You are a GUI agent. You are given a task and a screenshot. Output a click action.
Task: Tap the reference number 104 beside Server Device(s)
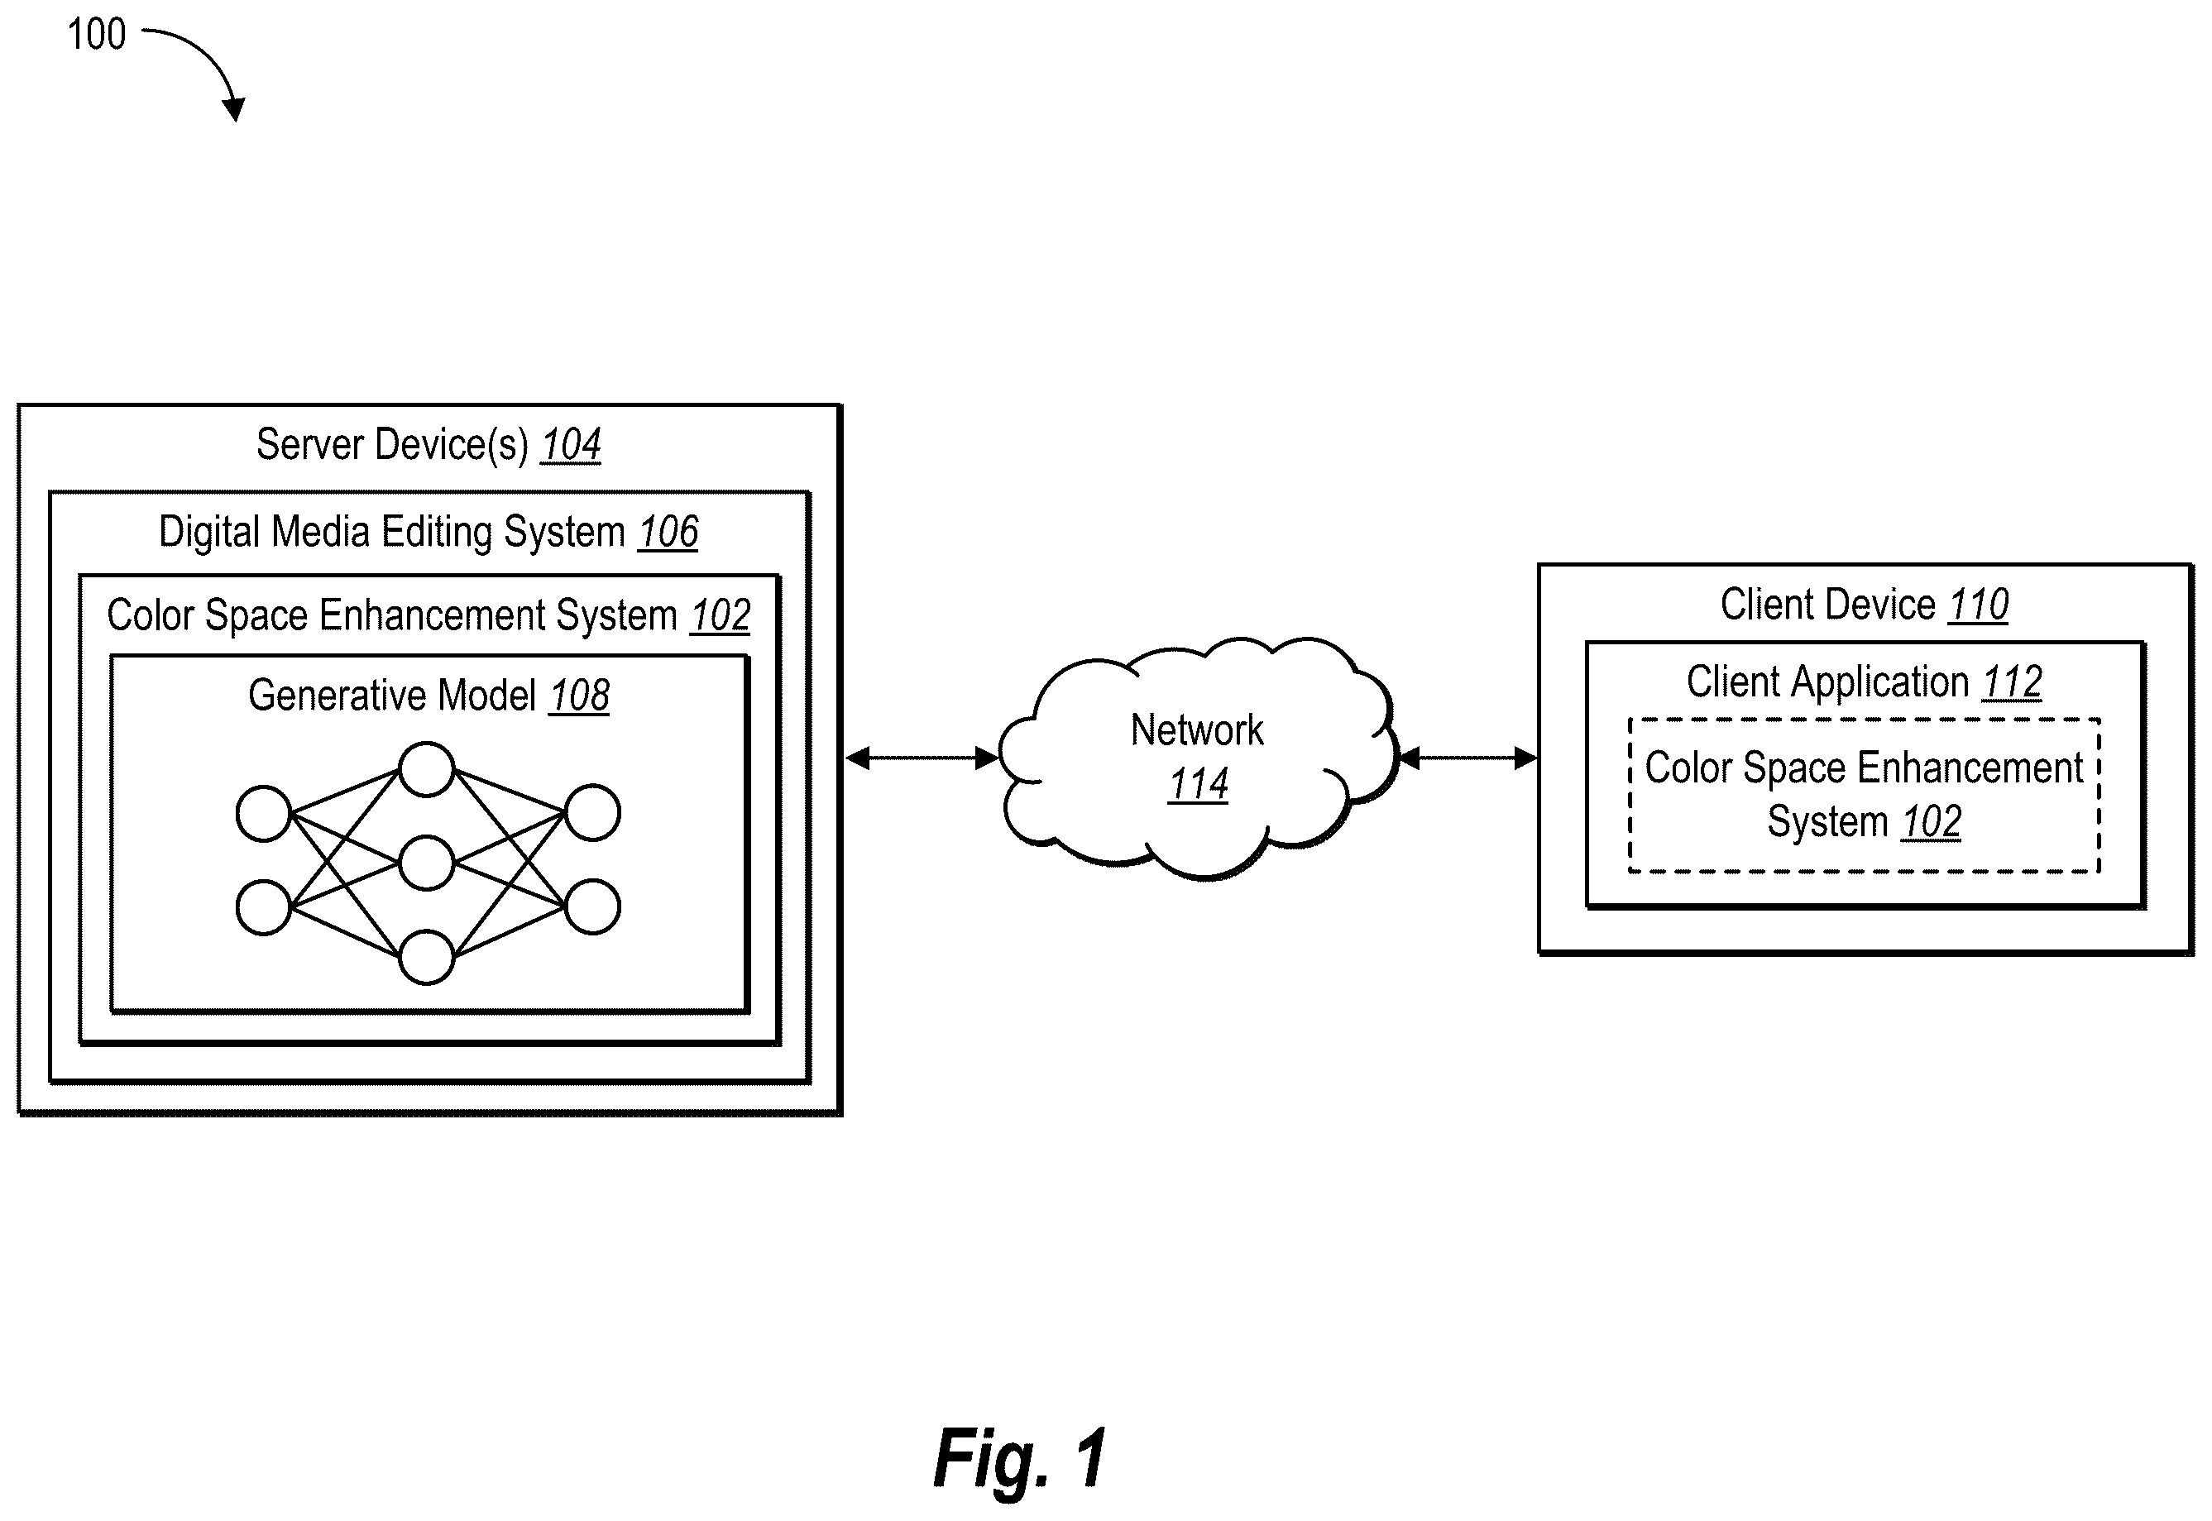coord(571,444)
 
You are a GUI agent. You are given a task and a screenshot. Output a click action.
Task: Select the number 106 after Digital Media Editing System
coord(668,532)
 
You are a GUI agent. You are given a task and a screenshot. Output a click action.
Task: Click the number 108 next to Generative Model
coord(579,695)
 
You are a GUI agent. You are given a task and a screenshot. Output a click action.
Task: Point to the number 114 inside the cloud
coord(1198,784)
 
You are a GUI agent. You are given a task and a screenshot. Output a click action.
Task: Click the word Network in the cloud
coord(1197,730)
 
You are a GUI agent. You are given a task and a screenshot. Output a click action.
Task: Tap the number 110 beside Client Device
coord(1979,605)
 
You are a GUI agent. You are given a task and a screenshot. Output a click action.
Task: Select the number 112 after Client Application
coord(2012,682)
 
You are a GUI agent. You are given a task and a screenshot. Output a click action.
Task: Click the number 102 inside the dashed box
coord(1931,821)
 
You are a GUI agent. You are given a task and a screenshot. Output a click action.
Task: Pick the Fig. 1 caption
coord(1021,1457)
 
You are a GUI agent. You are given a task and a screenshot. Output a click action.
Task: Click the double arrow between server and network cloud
coord(922,758)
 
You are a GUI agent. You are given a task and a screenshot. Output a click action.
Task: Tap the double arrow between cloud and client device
coord(1468,758)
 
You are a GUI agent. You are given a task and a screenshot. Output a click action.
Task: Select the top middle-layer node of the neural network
coord(426,769)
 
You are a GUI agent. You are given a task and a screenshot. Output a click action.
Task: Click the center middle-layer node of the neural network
coord(426,863)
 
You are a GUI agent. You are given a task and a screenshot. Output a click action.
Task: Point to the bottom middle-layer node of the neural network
coord(426,957)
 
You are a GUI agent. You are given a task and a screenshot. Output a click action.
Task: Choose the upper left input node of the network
coord(263,814)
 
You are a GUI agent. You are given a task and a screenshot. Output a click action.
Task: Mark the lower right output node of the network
coord(593,906)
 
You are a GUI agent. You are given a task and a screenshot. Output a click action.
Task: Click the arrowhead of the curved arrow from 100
coord(234,110)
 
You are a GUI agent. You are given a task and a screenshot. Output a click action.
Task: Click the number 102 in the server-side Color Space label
coord(721,615)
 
